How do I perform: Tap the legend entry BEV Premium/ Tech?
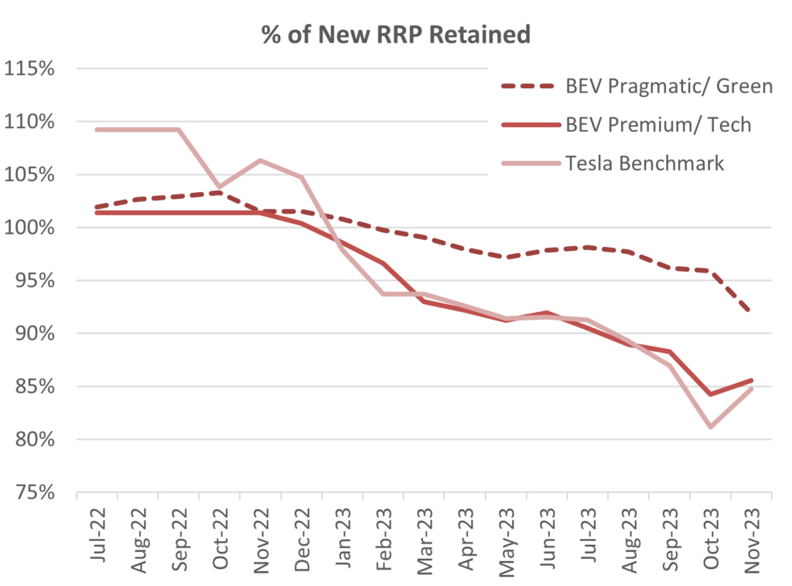click(x=658, y=124)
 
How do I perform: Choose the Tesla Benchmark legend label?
click(x=643, y=163)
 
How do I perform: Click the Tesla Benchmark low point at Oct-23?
click(x=710, y=427)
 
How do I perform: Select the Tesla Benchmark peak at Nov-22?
click(x=260, y=160)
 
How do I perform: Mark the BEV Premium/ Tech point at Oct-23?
click(x=710, y=394)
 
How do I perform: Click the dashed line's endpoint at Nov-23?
click(x=751, y=311)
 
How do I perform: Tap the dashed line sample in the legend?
click(x=531, y=86)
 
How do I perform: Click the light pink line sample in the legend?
click(x=531, y=163)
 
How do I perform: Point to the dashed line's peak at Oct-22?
click(x=219, y=192)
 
